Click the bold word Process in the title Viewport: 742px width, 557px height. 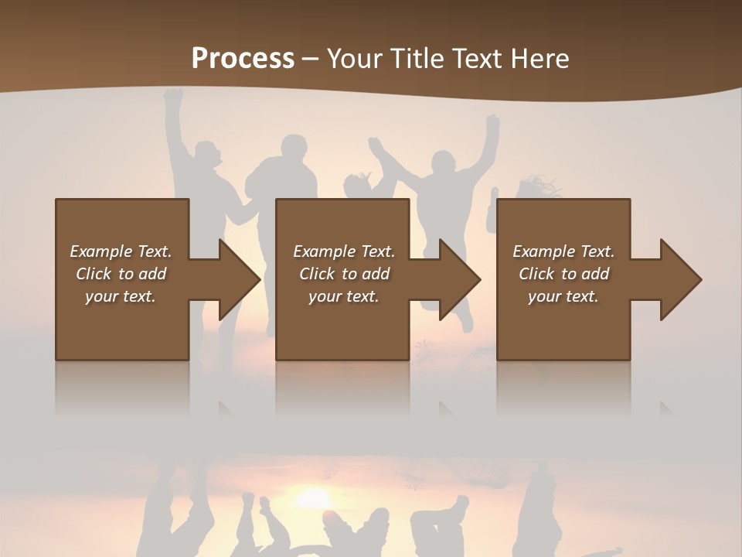click(x=243, y=58)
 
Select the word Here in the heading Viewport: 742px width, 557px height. click(x=540, y=58)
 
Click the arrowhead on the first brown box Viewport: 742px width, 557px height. click(x=237, y=279)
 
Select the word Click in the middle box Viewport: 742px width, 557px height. click(x=317, y=274)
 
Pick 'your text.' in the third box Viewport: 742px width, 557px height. click(x=563, y=296)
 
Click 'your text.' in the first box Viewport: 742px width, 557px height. click(x=121, y=296)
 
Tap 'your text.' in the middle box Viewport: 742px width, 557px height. click(x=343, y=296)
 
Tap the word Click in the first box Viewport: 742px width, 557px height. click(x=94, y=274)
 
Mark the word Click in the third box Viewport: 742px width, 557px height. click(x=536, y=274)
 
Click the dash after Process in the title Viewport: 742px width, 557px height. click(x=311, y=59)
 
